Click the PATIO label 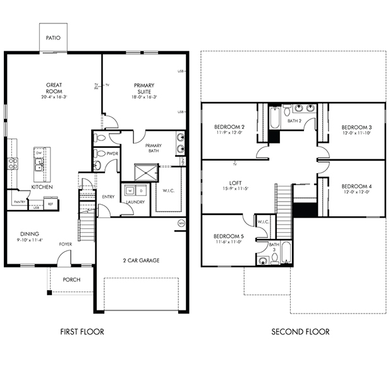[53, 38]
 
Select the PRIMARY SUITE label [144, 88]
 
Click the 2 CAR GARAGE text [141, 260]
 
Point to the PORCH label [71, 279]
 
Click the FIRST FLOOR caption [82, 331]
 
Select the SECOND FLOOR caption [300, 331]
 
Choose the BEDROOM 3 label [356, 127]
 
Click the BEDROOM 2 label [229, 127]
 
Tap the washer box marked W [130, 190]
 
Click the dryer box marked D [141, 190]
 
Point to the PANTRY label [18, 202]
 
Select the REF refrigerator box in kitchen [50, 204]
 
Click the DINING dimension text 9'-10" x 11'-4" [29, 240]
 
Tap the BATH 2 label [293, 120]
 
